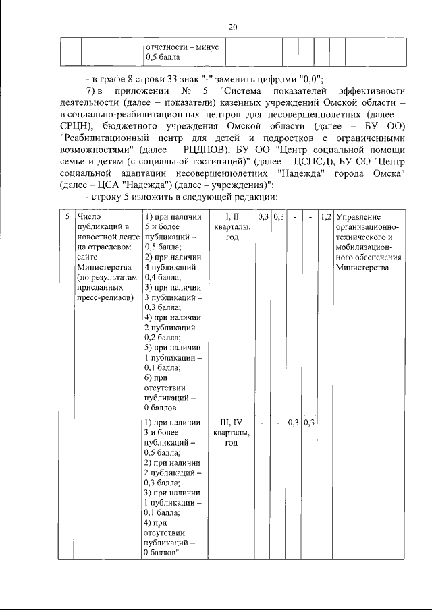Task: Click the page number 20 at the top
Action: pyautogui.click(x=233, y=27)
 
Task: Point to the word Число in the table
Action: pyautogui.click(x=89, y=217)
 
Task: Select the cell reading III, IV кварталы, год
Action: pyautogui.click(x=232, y=432)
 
